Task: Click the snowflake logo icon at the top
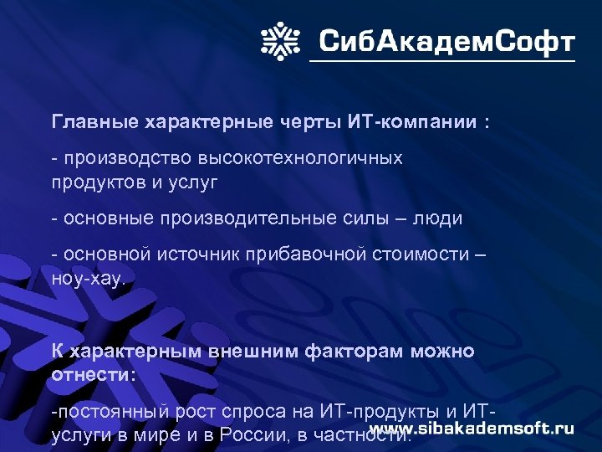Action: tap(282, 39)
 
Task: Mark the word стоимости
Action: tap(421, 254)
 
